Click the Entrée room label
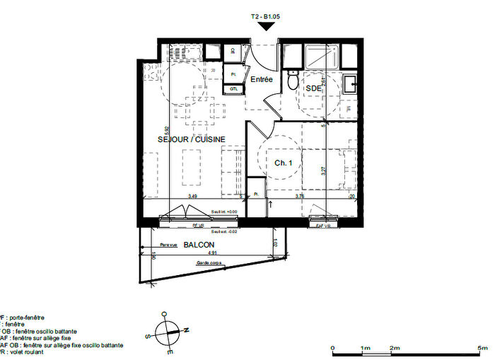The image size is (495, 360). pos(261,81)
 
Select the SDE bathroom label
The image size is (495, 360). pos(313,88)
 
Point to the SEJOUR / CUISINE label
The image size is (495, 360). pos(191,140)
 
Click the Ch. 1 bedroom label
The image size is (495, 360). pos(283,163)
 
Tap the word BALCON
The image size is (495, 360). pos(199,245)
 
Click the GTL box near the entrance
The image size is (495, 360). pos(233,89)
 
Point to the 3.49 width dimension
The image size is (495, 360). pos(192,196)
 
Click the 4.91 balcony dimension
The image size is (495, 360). pos(211,252)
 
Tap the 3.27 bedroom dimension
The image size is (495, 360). pos(322,170)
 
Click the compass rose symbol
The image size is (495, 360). pos(168,330)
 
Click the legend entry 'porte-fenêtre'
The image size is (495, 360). pos(28,318)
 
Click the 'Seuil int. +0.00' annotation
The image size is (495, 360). pos(223,211)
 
